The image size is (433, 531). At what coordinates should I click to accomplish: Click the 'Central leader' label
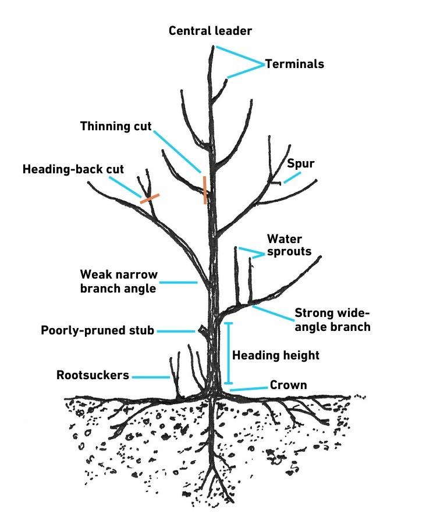click(210, 30)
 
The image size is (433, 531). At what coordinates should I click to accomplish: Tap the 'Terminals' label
click(294, 64)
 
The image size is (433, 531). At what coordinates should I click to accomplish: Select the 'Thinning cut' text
click(116, 126)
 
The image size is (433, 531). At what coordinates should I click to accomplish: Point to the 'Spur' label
click(300, 163)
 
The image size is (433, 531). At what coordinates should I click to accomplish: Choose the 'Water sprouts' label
click(289, 245)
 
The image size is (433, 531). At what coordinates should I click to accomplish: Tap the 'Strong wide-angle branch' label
click(332, 319)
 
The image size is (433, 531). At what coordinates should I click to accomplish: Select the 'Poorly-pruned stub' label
click(97, 330)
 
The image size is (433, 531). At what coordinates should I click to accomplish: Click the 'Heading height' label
click(276, 354)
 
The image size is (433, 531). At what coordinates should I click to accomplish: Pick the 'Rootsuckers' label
click(93, 375)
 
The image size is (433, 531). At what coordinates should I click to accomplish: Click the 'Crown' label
click(288, 385)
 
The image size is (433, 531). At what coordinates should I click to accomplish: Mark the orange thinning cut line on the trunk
click(205, 190)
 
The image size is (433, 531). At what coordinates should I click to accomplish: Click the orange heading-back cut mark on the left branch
click(150, 198)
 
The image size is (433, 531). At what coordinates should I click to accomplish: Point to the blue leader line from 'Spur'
click(292, 177)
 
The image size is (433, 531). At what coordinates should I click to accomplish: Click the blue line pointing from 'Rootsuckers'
click(150, 377)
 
